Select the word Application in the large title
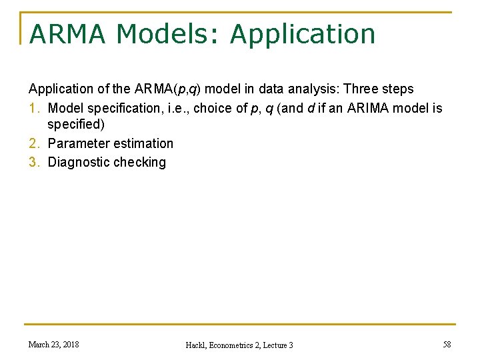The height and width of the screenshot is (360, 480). pyautogui.click(x=303, y=34)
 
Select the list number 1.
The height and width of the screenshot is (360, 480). pyautogui.click(x=33, y=108)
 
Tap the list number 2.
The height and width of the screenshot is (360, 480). pyautogui.click(x=33, y=143)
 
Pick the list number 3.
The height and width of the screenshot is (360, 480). pyautogui.click(x=33, y=162)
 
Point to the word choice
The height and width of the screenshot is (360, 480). pyautogui.click(x=213, y=108)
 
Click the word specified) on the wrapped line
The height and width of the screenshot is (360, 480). pyautogui.click(x=76, y=125)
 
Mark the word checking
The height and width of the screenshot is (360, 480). pyautogui.click(x=140, y=162)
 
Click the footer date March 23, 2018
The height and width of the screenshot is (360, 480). pyautogui.click(x=53, y=344)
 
